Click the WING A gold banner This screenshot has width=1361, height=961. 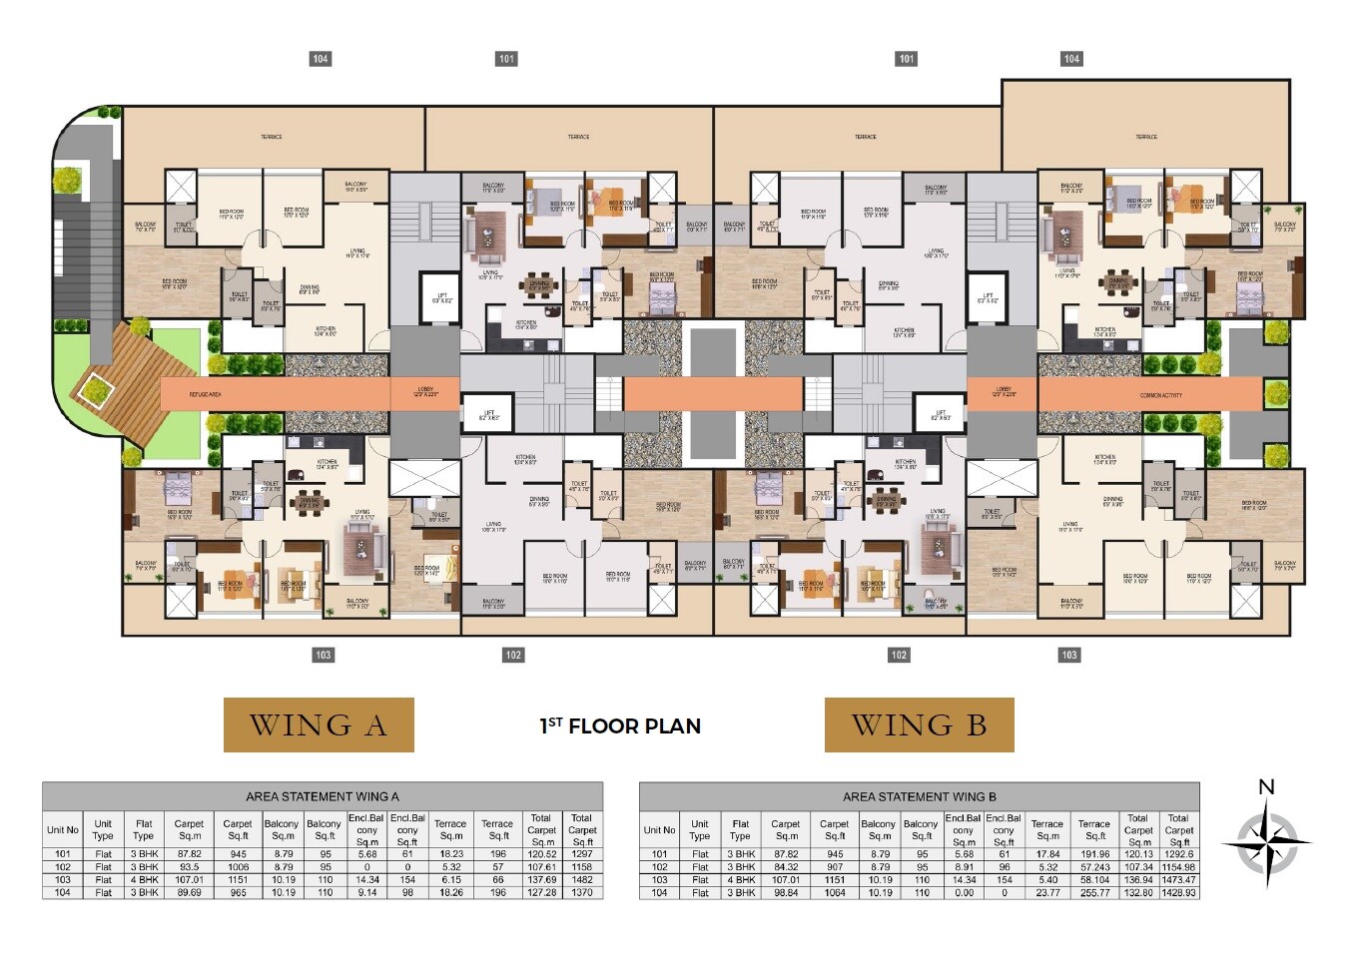click(318, 724)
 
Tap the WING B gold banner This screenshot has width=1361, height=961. click(919, 724)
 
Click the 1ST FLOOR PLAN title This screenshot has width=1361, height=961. click(620, 726)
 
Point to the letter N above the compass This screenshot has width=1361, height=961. click(1266, 786)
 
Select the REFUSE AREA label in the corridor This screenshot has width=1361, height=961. click(205, 395)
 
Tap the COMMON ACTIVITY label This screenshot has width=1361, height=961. click(1160, 395)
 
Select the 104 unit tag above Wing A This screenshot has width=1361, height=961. click(320, 59)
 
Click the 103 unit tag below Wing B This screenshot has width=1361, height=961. click(1069, 655)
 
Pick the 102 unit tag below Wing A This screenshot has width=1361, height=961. click(513, 655)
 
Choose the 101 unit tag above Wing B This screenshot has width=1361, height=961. click(906, 59)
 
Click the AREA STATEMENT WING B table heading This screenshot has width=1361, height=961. click(919, 796)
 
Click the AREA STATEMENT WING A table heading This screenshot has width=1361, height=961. click(322, 796)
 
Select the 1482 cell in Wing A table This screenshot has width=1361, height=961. click(582, 879)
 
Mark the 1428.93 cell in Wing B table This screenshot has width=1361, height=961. click(1178, 892)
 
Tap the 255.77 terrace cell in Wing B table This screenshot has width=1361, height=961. click(1094, 892)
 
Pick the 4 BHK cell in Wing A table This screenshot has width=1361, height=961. click(144, 879)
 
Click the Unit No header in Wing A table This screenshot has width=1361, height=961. click(62, 829)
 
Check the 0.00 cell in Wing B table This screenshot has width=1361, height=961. click(964, 892)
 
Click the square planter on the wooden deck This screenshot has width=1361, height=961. click(95, 386)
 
